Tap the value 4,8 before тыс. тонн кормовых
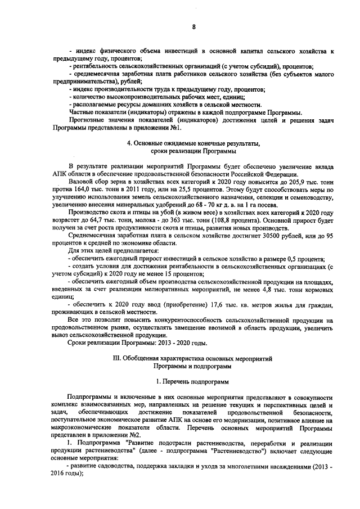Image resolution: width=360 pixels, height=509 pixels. coord(272,290)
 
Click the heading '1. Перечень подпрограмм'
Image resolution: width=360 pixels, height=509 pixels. coord(193,382)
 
